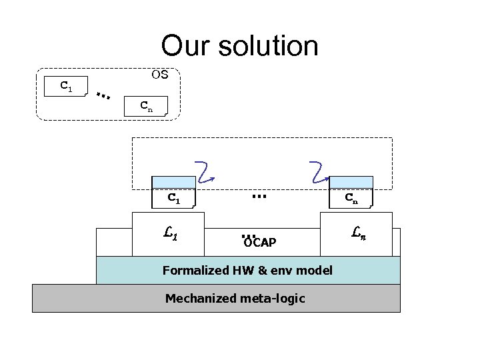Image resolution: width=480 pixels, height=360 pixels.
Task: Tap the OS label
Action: pyautogui.click(x=160, y=75)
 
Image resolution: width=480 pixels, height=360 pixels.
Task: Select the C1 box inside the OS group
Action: pyautogui.click(x=65, y=87)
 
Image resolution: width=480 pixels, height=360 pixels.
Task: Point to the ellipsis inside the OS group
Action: pyautogui.click(x=103, y=96)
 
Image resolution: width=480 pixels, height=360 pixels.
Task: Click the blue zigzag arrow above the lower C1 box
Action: pyautogui.click(x=204, y=171)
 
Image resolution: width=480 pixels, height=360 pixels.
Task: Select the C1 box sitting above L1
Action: pyautogui.click(x=174, y=198)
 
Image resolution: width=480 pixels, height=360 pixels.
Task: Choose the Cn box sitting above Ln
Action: pyautogui.click(x=351, y=198)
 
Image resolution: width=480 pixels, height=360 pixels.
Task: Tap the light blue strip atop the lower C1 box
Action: pyautogui.click(x=174, y=183)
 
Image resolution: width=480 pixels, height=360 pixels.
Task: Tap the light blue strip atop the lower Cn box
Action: pyautogui.click(x=351, y=183)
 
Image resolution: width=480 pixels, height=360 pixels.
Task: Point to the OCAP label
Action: pyautogui.click(x=260, y=243)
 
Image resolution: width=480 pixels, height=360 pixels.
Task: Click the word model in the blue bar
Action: pyautogui.click(x=315, y=270)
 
